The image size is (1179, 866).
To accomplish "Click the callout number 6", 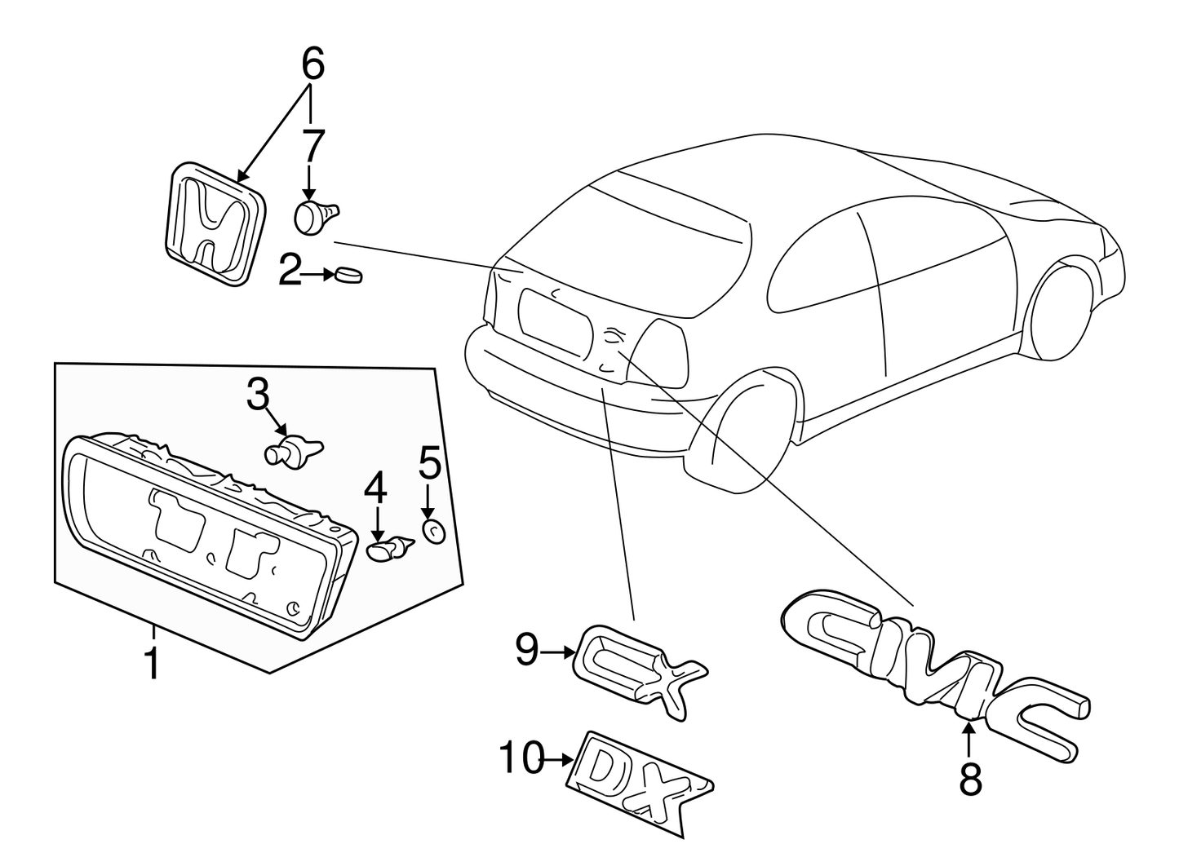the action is click(313, 63).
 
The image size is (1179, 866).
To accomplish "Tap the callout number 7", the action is click(313, 145).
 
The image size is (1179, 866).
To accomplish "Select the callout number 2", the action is click(290, 269).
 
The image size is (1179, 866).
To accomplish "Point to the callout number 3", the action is click(258, 395).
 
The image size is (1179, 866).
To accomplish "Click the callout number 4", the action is click(376, 488).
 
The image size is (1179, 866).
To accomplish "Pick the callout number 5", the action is click(429, 462).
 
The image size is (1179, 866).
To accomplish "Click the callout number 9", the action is click(527, 650).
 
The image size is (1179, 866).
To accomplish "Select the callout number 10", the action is click(521, 758).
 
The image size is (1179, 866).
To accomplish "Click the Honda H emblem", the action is click(215, 223).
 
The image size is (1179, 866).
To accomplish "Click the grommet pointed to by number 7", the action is click(315, 217).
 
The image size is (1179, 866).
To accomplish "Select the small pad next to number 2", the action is click(348, 275).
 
